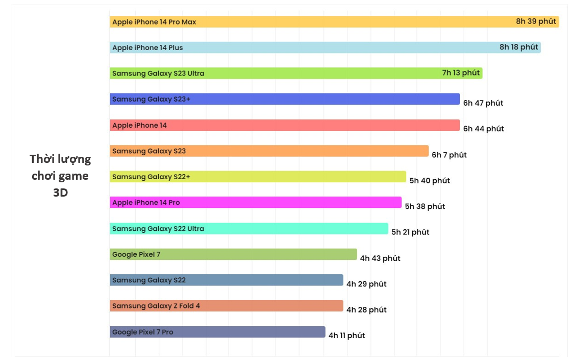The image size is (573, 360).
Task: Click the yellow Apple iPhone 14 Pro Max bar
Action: pyautogui.click(x=334, y=21)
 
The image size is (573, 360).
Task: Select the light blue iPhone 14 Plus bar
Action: pyautogui.click(x=325, y=47)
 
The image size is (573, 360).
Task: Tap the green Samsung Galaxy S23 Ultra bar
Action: pyautogui.click(x=296, y=73)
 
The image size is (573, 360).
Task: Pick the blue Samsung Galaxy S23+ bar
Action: pyautogui.click(x=285, y=99)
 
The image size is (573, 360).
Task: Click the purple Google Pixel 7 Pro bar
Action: pyautogui.click(x=217, y=332)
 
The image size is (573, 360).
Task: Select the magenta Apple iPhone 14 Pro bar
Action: pyautogui.click(x=256, y=203)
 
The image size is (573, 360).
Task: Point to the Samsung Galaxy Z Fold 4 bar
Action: pyautogui.click(x=227, y=306)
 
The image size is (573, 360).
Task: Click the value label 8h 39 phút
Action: pyautogui.click(x=536, y=21)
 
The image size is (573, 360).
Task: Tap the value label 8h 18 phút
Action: pyautogui.click(x=518, y=47)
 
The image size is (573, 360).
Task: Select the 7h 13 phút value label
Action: pyautogui.click(x=461, y=73)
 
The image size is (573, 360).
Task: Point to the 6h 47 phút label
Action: pyautogui.click(x=483, y=103)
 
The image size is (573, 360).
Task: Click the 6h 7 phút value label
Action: pyautogui.click(x=449, y=155)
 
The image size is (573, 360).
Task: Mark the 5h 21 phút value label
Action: pyautogui.click(x=410, y=232)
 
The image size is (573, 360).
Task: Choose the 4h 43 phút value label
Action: pyautogui.click(x=380, y=258)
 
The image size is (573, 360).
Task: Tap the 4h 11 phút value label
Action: pyautogui.click(x=346, y=335)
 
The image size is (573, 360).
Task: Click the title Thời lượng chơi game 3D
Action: pyautogui.click(x=60, y=176)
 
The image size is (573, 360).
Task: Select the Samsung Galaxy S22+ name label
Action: pyautogui.click(x=151, y=177)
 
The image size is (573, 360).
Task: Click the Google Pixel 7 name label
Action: pyautogui.click(x=136, y=254)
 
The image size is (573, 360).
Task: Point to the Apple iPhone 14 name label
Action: pyautogui.click(x=139, y=125)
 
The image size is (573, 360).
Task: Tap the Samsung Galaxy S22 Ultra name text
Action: pyautogui.click(x=158, y=229)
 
